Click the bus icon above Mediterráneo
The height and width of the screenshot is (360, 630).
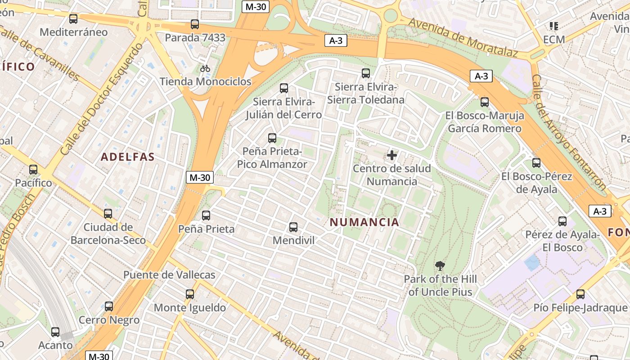pyautogui.click(x=73, y=19)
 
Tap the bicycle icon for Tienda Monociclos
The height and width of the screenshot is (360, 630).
pyautogui.click(x=205, y=68)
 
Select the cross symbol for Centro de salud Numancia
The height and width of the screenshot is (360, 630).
pyautogui.click(x=392, y=155)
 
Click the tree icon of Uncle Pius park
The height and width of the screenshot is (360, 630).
pyautogui.click(x=440, y=266)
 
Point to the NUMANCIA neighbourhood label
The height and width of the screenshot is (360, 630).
pyautogui.click(x=364, y=222)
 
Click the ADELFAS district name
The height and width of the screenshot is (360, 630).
pyautogui.click(x=128, y=157)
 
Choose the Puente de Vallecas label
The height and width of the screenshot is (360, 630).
pyautogui.click(x=169, y=274)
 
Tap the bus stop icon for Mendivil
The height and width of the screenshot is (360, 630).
pyautogui.click(x=293, y=227)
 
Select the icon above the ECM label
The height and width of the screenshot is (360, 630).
pyautogui.click(x=553, y=26)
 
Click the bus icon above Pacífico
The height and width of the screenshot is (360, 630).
pyautogui.click(x=33, y=170)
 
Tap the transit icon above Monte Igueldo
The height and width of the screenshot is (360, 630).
pyautogui.click(x=190, y=294)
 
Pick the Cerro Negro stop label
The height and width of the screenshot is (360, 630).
pyautogui.click(x=109, y=320)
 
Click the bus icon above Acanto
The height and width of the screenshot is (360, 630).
pyautogui.click(x=55, y=332)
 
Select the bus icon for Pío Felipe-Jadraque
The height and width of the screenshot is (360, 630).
pyautogui.click(x=580, y=294)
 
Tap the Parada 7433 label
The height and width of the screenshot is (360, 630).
pyautogui.click(x=195, y=37)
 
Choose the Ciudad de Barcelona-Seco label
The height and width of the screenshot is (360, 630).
pyautogui.click(x=108, y=233)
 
